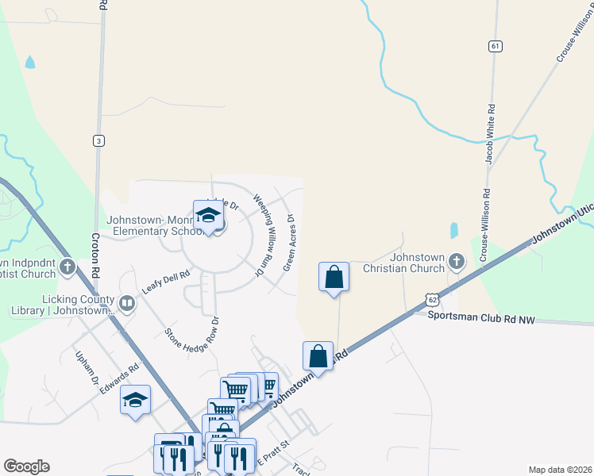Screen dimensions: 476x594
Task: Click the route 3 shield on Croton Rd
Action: point(98,140)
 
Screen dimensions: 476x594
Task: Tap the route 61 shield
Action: point(496,46)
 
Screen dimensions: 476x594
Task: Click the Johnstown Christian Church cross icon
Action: point(456,260)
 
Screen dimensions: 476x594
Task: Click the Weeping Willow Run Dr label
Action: point(263,236)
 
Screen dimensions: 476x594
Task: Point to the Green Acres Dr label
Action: point(288,241)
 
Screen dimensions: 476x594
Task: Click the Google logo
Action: point(26,466)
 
